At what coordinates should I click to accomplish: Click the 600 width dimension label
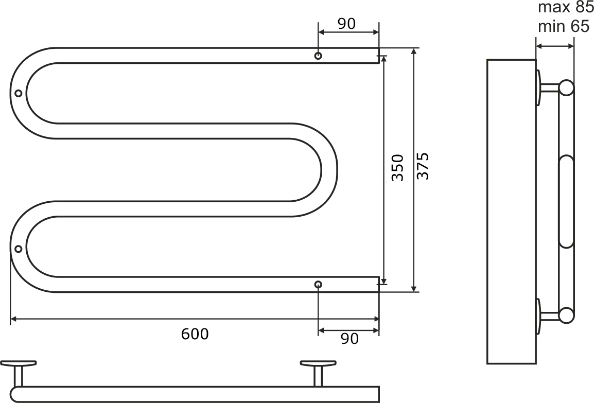coord(195,334)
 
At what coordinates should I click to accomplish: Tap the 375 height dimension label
coord(423,166)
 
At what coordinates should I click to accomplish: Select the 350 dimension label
coord(398,168)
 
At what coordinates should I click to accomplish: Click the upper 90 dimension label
coord(346,24)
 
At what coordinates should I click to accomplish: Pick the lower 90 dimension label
coord(350,338)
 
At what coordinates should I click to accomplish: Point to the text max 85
coord(566,7)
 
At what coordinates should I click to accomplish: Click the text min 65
coord(563,27)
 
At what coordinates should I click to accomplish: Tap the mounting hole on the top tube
coord(318,56)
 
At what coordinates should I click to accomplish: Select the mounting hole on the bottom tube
coord(318,285)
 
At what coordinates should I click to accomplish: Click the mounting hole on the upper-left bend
coord(18,93)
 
